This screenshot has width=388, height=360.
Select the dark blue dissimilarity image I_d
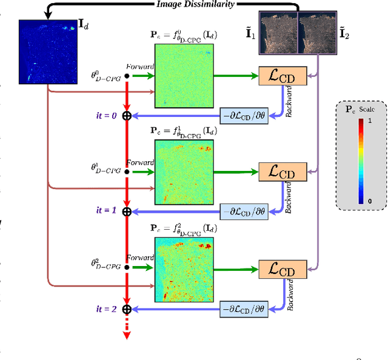tap(45, 52)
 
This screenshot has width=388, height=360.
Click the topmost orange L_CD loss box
tap(283, 76)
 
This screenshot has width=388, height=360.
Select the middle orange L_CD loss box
tap(283, 171)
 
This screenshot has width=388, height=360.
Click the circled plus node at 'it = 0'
tap(127, 115)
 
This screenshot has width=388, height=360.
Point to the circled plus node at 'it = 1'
tap(127, 211)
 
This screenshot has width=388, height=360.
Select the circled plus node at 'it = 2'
tap(127, 309)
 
